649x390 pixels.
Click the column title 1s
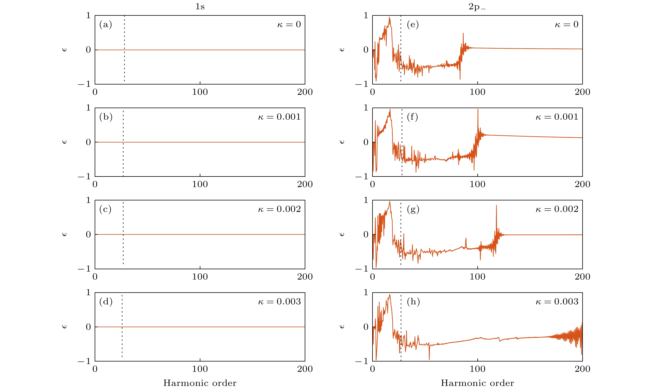200,6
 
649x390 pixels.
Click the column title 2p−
477,7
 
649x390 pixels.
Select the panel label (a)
106,24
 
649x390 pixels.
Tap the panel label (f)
412,117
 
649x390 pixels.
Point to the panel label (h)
413,301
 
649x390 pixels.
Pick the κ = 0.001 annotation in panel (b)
279,117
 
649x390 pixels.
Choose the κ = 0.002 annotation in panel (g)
557,209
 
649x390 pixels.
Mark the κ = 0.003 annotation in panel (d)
279,301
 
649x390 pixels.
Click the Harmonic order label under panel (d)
200,383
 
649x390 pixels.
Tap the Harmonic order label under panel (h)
477,383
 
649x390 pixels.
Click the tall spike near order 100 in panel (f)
478,110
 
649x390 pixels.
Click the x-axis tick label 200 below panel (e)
582,92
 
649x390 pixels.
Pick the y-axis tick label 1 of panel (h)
366,292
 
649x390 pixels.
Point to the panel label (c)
105,209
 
